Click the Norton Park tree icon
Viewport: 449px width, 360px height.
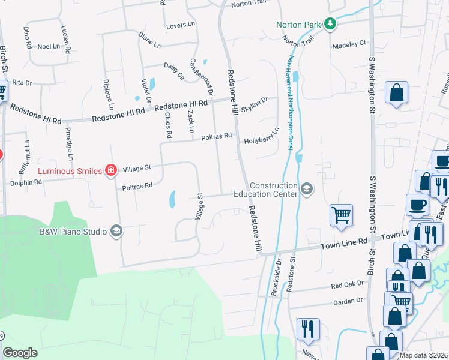[x=330, y=24]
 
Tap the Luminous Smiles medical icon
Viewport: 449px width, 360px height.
[x=110, y=171]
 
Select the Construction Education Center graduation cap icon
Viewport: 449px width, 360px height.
[x=307, y=190]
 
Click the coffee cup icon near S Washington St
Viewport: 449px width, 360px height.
[x=417, y=205]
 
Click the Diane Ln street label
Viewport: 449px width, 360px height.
[x=149, y=40]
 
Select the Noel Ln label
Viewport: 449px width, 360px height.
[x=49, y=46]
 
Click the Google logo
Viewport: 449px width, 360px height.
[x=20, y=353]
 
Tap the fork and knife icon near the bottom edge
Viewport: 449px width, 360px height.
[x=308, y=329]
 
